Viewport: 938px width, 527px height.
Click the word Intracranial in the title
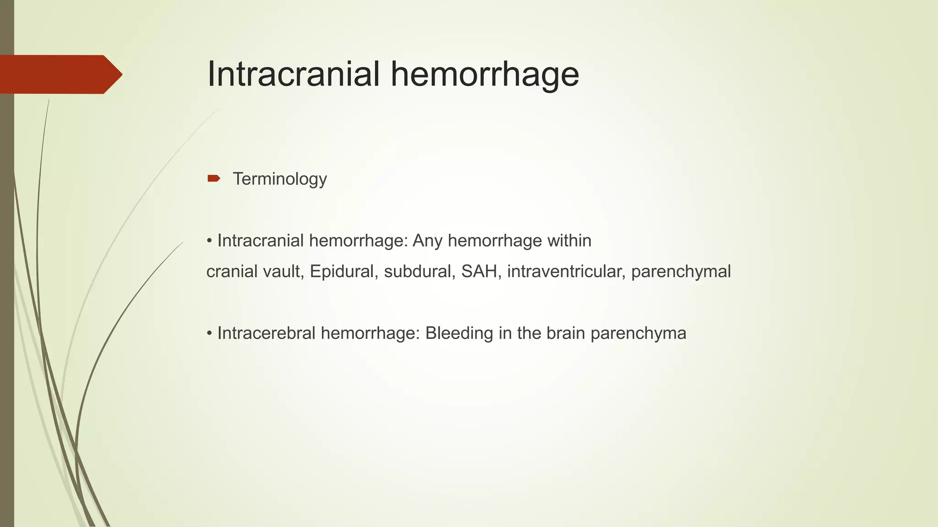click(x=294, y=74)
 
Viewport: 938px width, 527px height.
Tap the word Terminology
click(x=280, y=179)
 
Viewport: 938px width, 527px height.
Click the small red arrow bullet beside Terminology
click(x=213, y=178)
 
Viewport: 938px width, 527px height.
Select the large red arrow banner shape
click(x=60, y=74)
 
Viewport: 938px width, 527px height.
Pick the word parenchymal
click(x=681, y=272)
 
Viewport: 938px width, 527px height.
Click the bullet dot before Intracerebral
click(x=209, y=333)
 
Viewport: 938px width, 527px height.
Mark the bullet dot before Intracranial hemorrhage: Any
click(x=209, y=241)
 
